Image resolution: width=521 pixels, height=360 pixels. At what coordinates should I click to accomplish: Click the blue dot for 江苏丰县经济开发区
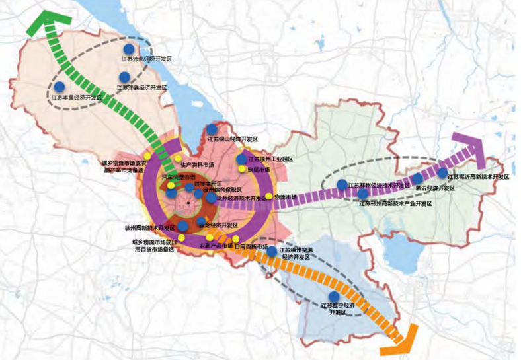tap(60, 87)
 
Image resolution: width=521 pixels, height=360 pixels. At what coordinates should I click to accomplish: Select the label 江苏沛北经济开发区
tap(147, 59)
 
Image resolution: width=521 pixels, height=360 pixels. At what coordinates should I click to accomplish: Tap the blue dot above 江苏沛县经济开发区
tap(124, 77)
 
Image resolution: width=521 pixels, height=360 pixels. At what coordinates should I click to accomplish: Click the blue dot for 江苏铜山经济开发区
tap(212, 129)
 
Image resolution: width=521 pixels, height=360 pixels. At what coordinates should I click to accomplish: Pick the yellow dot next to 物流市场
tap(269, 196)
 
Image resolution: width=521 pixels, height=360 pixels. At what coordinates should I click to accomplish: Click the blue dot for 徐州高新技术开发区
tap(182, 227)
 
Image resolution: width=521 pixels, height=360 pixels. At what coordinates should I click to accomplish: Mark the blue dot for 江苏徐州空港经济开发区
tap(272, 251)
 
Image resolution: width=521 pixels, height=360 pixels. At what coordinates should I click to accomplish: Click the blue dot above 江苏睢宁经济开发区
tap(335, 296)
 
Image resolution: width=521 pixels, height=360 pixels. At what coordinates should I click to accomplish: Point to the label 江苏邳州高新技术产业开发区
tap(395, 204)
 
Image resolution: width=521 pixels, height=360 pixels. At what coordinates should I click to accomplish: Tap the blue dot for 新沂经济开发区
tap(417, 179)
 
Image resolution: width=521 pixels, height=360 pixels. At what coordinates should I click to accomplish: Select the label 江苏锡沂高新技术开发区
tap(478, 177)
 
